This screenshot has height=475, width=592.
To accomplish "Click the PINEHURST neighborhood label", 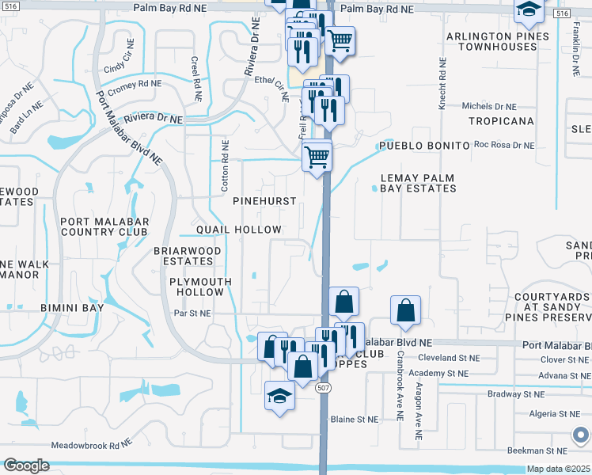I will (x=265, y=201).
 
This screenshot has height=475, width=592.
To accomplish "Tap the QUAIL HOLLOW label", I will (x=239, y=230).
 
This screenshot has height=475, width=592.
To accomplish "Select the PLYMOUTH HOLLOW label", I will (x=200, y=287).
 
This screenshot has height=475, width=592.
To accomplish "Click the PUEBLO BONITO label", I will (x=419, y=146).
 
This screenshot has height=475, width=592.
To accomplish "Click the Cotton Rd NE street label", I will (x=225, y=167).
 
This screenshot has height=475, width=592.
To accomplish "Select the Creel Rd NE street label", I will (x=194, y=79).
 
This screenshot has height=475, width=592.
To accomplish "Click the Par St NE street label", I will (x=192, y=313).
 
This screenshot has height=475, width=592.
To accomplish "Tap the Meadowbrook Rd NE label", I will (x=90, y=446).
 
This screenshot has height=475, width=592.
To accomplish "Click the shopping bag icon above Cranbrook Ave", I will (x=404, y=312).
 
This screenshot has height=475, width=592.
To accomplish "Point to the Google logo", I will (x=26, y=465).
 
